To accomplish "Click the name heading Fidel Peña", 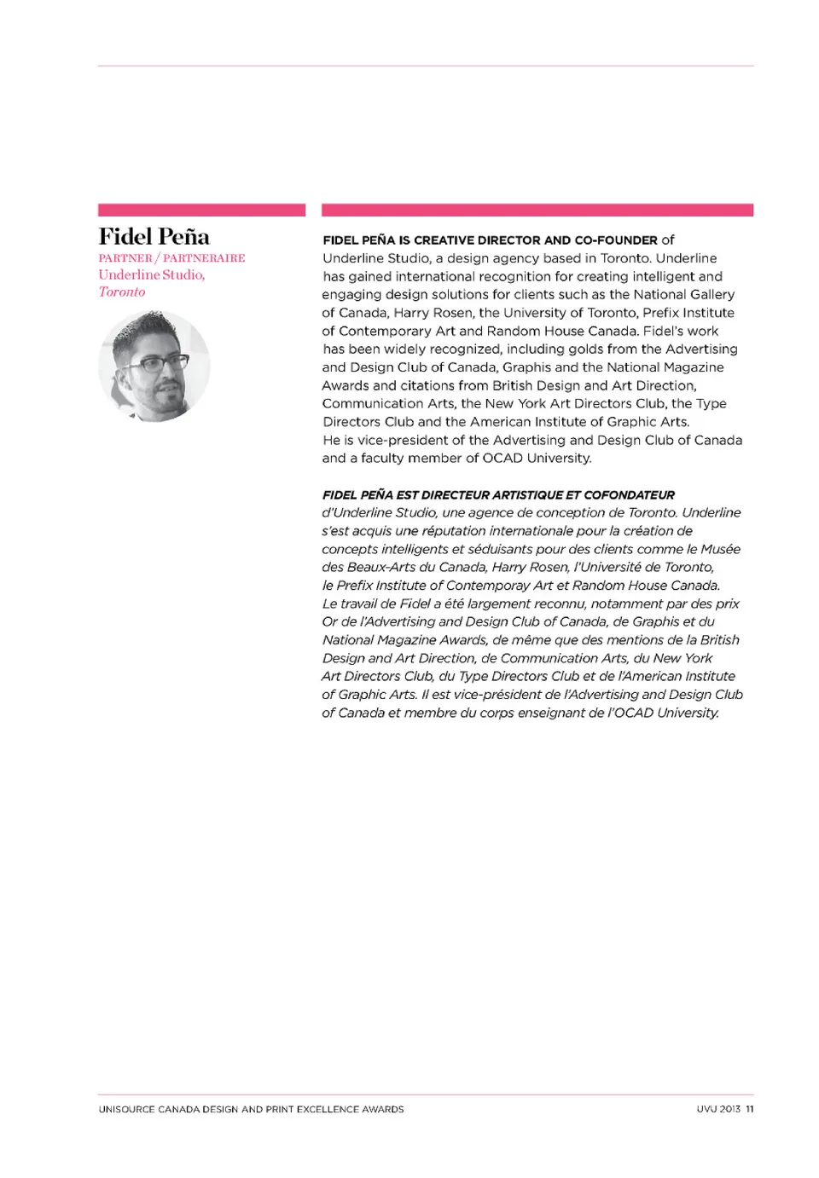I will click(154, 236).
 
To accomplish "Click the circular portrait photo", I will click(154, 366).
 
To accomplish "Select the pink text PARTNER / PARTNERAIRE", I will click(171, 257).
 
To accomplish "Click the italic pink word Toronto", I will click(122, 292).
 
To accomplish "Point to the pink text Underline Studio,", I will click(151, 274).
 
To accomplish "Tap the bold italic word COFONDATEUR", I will click(629, 494).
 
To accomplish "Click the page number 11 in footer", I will click(750, 1109).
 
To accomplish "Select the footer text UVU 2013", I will click(718, 1109).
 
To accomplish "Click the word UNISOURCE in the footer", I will click(126, 1109).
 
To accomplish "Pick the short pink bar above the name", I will click(201, 210).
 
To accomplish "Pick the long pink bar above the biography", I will click(537, 210).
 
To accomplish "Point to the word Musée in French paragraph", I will click(720, 549).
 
